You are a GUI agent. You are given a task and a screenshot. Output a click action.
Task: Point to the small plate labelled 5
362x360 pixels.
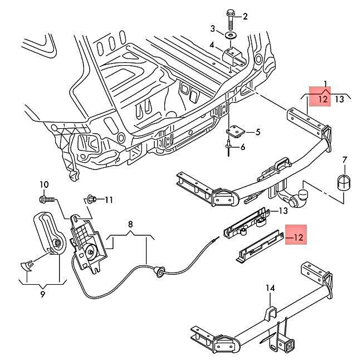tap(235, 131)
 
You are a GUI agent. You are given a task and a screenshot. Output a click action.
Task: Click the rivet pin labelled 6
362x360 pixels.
tap(228, 148)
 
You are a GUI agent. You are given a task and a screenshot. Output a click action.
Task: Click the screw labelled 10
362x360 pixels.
tap(48, 199)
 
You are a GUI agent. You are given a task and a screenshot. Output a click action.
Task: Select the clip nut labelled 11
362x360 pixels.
tap(91, 199)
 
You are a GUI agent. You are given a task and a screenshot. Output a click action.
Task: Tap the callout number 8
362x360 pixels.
tap(130, 224)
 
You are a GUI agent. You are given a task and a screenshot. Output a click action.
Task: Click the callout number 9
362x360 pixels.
tap(42, 294)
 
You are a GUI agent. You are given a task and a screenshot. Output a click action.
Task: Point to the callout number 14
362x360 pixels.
tap(270, 288)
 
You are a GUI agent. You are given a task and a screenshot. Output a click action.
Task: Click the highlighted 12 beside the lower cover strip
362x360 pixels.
tap(298, 237)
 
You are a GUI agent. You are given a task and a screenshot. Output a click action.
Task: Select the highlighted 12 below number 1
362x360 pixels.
tap(323, 99)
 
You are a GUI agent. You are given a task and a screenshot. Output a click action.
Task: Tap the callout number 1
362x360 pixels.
tap(325, 83)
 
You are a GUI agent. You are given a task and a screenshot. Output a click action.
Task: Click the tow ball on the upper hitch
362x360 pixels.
tap(303, 195)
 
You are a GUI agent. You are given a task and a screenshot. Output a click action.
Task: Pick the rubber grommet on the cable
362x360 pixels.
tap(159, 271)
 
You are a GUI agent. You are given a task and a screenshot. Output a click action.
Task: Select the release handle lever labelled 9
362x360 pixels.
tap(50, 234)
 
